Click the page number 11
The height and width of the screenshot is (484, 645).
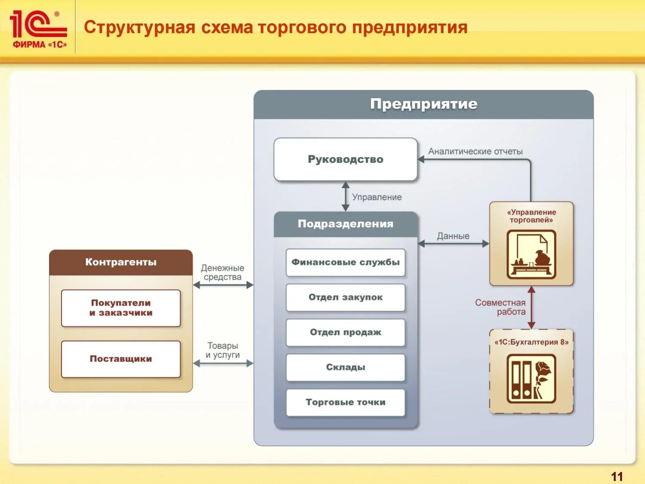[617, 476]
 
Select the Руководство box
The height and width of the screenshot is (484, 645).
[345, 159]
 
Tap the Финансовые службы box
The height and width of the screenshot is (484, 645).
[345, 262]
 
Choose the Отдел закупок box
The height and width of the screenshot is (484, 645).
[345, 297]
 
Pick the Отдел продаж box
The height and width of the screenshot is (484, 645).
[345, 332]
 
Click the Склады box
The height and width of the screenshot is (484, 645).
[345, 367]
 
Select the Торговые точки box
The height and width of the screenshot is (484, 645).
[345, 402]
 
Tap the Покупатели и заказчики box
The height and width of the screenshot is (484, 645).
[121, 308]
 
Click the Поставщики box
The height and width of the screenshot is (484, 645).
[121, 359]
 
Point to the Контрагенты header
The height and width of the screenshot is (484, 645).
[121, 262]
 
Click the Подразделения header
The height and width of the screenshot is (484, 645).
[345, 224]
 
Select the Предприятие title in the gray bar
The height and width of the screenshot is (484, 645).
[424, 104]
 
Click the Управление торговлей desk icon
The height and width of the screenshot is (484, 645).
[531, 254]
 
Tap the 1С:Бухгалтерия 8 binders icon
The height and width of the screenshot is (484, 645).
[531, 379]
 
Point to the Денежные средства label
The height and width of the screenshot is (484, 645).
[222, 272]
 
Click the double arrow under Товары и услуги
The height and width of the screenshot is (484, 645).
[223, 364]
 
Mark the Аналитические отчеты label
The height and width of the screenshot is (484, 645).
[475, 151]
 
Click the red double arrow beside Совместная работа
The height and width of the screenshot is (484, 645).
[531, 307]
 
